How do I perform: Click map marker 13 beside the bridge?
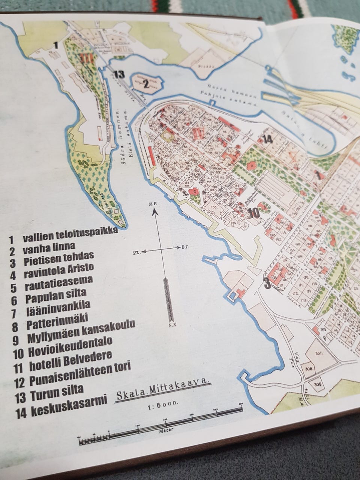[118, 74]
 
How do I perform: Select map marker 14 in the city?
[267, 139]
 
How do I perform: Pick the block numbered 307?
[319, 353]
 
